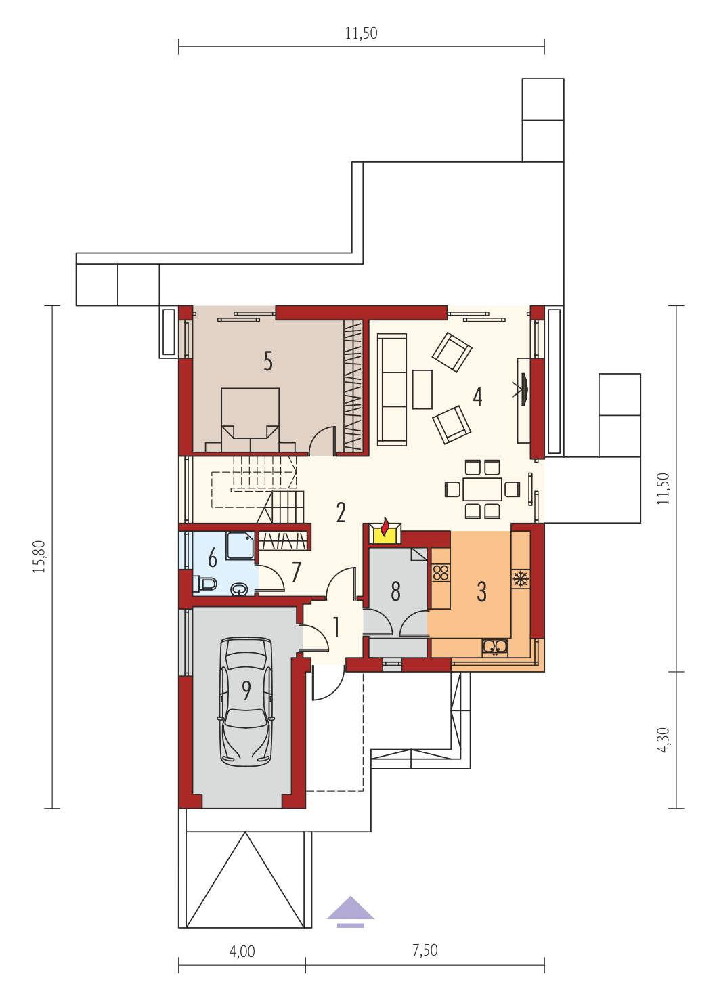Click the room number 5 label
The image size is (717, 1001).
click(267, 361)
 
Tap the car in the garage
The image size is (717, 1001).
click(246, 702)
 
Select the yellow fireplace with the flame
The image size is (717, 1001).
click(385, 532)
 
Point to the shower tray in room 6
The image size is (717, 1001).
click(241, 545)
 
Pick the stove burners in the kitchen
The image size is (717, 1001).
click(441, 573)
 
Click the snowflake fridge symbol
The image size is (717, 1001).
click(521, 578)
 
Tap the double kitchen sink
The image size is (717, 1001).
click(495, 647)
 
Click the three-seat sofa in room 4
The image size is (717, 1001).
click(392, 389)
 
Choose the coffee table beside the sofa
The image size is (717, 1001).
click(422, 389)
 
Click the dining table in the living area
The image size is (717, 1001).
click(482, 490)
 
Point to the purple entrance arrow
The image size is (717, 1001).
click(350, 912)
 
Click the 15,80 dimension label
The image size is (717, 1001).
click(39, 557)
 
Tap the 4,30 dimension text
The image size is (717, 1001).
click(664, 740)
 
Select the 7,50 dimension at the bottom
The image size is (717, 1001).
click(425, 950)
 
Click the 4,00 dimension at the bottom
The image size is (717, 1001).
click(242, 952)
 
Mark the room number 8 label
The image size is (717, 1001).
click(395, 591)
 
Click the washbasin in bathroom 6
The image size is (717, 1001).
click(240, 590)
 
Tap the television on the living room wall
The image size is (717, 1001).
click(523, 390)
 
